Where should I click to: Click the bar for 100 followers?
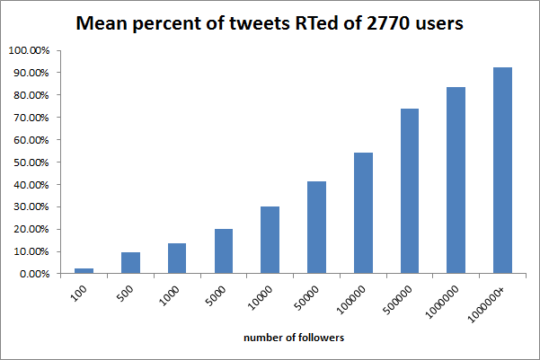pos(84,270)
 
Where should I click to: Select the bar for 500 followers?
pos(130,263)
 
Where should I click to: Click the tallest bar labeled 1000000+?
pos(503,171)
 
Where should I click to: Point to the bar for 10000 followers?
pos(270,241)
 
